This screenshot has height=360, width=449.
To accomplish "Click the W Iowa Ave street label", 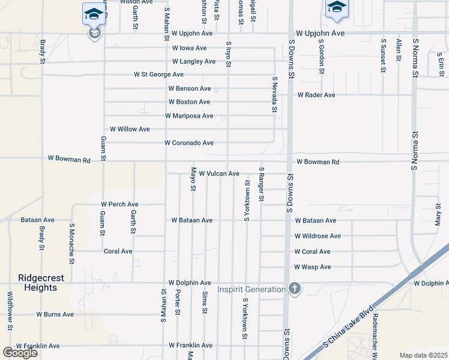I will pos(189,48).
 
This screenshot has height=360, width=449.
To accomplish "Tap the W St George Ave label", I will pos(158,75).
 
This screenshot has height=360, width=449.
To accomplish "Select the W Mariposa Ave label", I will pos(189,116).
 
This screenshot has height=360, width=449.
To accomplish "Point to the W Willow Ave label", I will pos(130,130).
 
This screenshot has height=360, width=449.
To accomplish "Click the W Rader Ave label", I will pos(316,95).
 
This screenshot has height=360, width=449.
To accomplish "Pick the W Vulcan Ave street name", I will pos(219,173).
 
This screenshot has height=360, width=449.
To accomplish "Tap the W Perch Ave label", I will pos(120,205).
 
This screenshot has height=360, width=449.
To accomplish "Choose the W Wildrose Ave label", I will pos(318,236).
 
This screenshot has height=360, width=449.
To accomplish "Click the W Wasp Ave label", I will pos(313,267).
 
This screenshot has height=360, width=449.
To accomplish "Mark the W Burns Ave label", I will pos(55,314).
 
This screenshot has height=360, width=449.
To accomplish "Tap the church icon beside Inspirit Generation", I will pos(294,289).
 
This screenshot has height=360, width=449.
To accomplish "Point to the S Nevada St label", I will pos(274,95).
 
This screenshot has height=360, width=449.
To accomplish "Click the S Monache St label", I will pos(71,244).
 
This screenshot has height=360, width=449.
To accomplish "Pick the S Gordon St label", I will pos(322,56).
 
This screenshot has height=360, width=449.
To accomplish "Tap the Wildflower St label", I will pos(10,310).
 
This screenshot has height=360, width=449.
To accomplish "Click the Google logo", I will pos(20,353).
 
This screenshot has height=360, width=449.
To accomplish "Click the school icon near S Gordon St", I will pos(336,7).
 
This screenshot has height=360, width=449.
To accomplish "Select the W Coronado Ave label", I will pos(189,143).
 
